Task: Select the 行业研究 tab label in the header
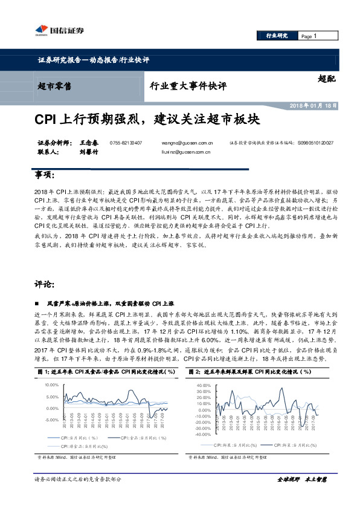point(277,36)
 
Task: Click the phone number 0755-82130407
point(126,143)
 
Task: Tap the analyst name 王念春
point(88,143)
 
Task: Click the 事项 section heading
point(46,175)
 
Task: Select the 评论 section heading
point(46,284)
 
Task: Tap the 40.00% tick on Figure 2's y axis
point(202,385)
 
